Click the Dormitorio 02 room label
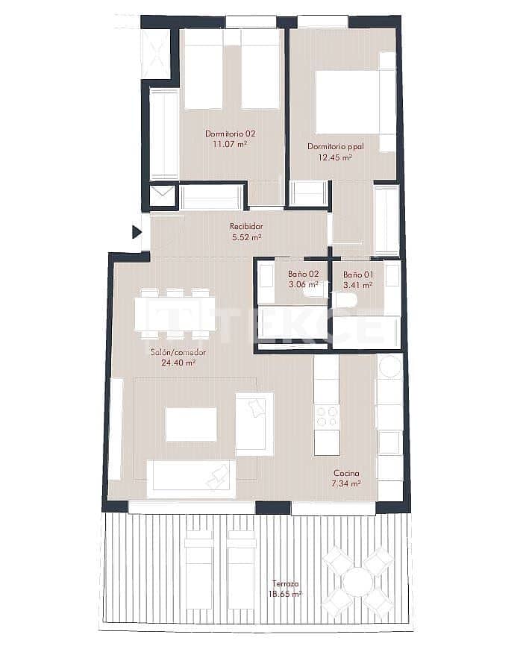[x=231, y=134]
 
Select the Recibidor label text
[x=245, y=227]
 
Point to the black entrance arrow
[x=137, y=232]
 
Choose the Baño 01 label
[x=358, y=275]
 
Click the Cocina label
[x=346, y=474]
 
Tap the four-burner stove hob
[x=326, y=415]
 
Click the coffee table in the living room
[x=191, y=424]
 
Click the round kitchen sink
[x=389, y=366]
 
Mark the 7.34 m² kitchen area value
[x=346, y=484]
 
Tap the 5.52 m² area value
[x=246, y=238]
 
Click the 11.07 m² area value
[x=231, y=145]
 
